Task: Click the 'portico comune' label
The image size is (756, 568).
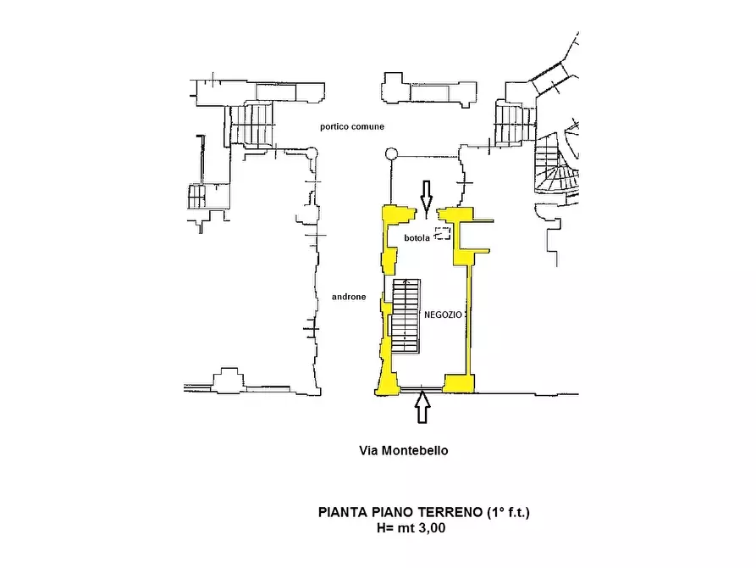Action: (352, 126)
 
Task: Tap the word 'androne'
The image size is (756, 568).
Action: (349, 297)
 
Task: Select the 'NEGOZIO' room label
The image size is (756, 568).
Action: (443, 315)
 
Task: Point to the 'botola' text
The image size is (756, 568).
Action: (417, 238)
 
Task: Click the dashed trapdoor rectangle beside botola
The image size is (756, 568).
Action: (443, 233)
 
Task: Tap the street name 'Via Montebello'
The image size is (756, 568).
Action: (404, 451)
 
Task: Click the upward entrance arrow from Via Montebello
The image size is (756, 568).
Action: (422, 407)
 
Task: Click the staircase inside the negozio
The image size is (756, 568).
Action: (406, 316)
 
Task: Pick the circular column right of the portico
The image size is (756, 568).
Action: (391, 154)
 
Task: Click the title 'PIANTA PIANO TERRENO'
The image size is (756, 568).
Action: (400, 512)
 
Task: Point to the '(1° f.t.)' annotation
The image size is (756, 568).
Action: (508, 512)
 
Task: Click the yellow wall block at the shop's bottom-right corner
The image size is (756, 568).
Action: (459, 383)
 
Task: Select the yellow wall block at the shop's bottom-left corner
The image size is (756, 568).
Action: (388, 381)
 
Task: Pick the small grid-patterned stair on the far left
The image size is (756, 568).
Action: (196, 197)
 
